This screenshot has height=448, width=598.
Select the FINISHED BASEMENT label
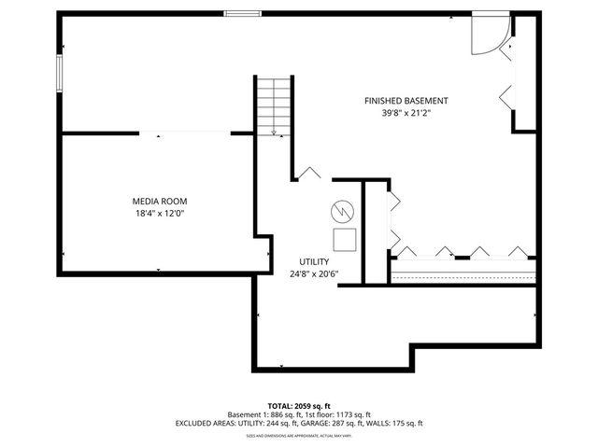(406, 101)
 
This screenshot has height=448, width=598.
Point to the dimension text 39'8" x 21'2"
(406, 113)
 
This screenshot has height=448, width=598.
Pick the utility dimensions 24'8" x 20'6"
(313, 273)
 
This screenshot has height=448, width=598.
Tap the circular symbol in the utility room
(343, 211)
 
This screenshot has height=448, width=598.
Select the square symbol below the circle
(345, 239)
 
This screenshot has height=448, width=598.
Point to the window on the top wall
(242, 13)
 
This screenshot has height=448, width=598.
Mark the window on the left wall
(60, 73)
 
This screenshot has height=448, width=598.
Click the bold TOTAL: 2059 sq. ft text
(298, 405)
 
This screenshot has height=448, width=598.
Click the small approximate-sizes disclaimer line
(298, 435)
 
